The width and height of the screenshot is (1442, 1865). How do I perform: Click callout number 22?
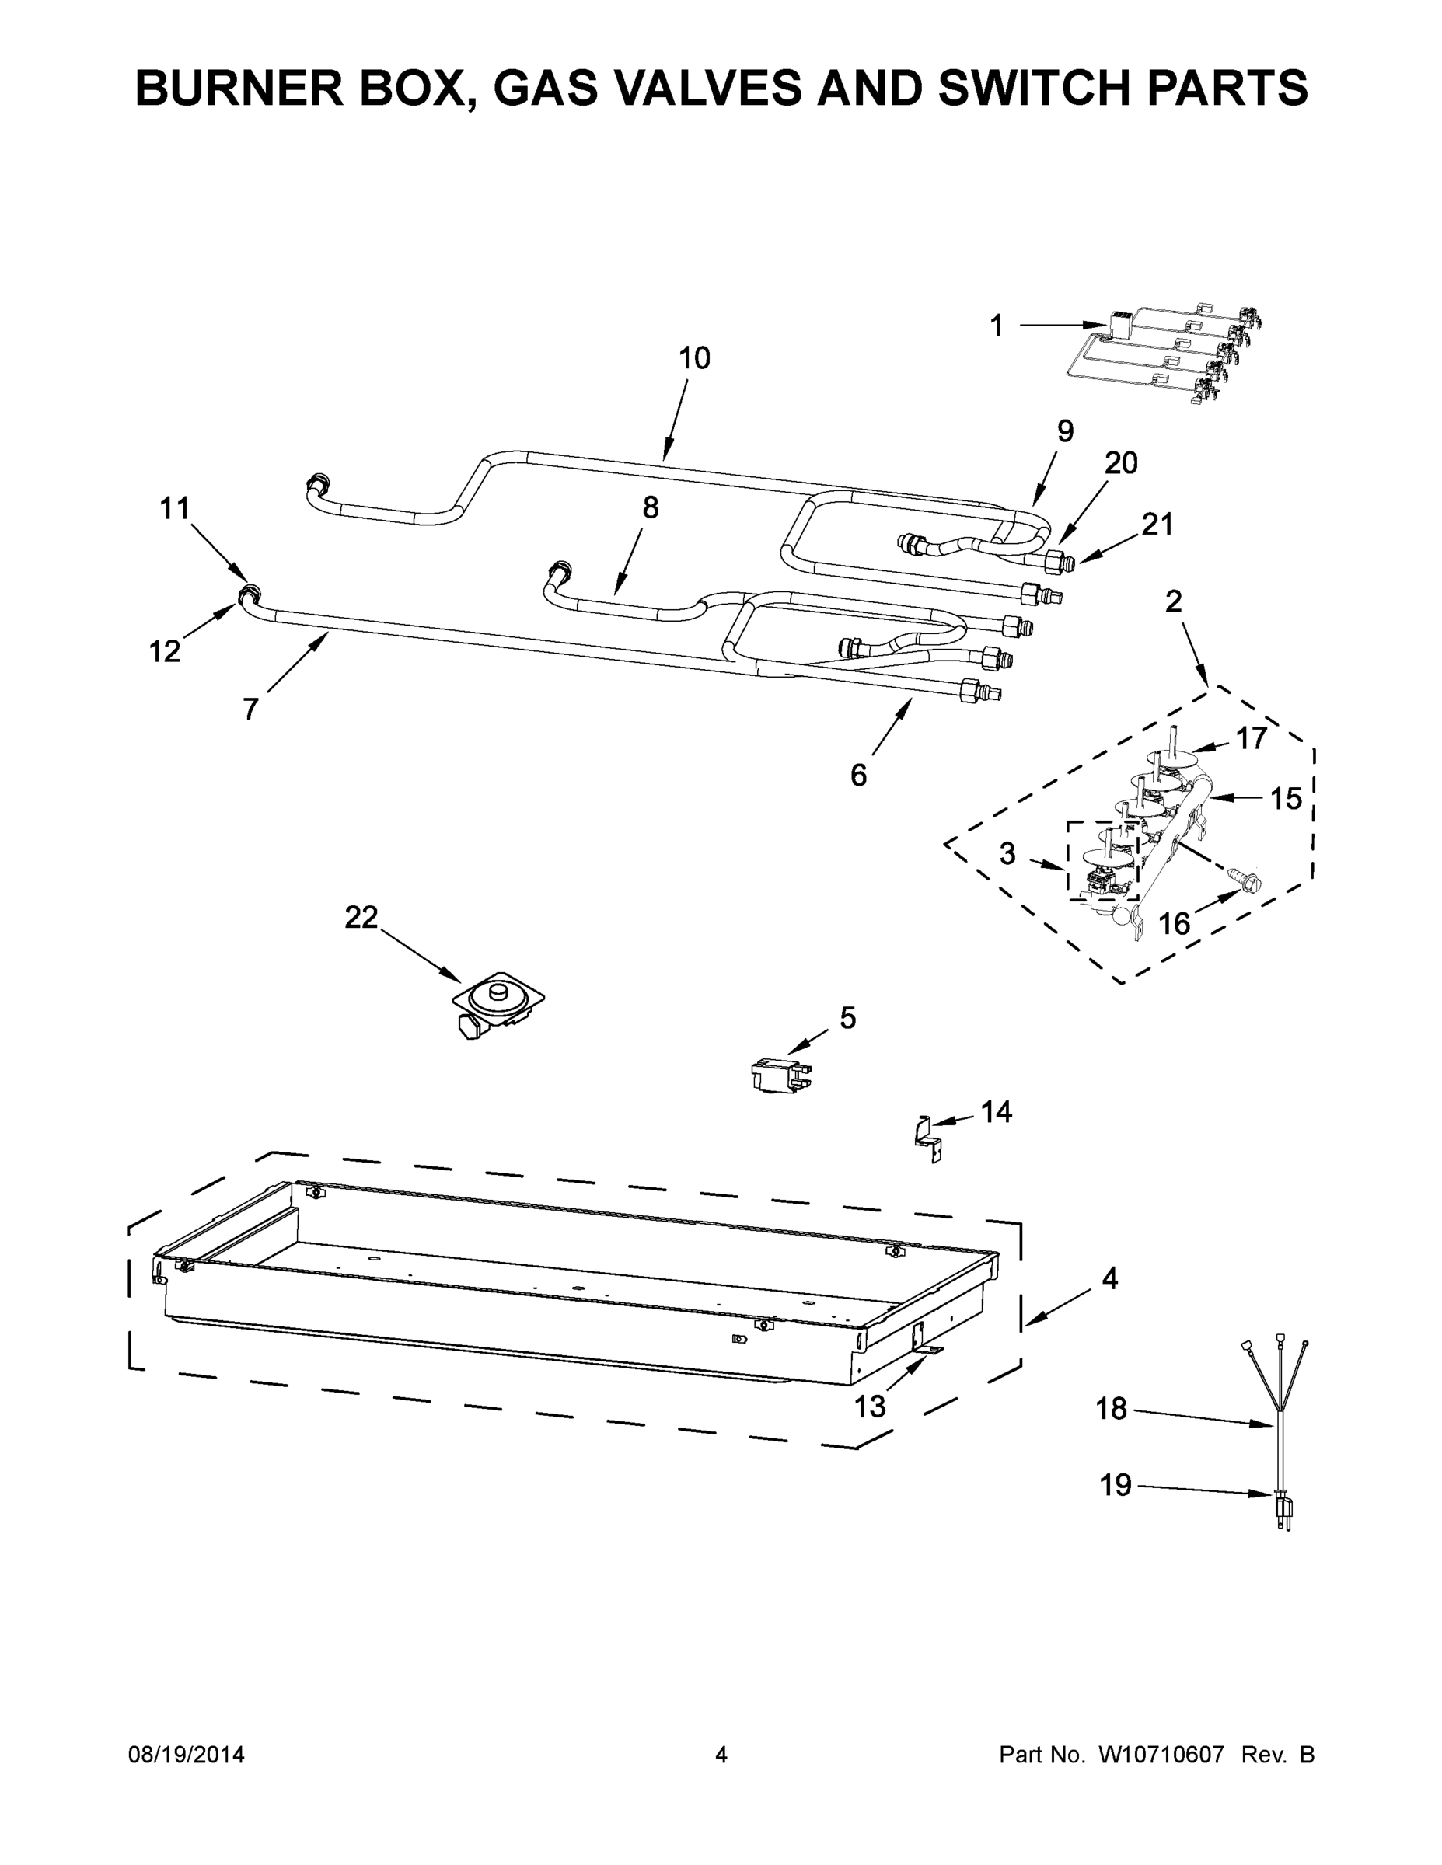(x=361, y=918)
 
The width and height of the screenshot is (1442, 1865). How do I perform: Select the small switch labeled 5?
(x=777, y=1078)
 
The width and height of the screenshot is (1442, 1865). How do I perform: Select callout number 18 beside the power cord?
(x=1112, y=1409)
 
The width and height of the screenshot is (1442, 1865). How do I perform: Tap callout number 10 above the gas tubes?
(x=693, y=359)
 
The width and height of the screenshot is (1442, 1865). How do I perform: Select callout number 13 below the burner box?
(x=870, y=1407)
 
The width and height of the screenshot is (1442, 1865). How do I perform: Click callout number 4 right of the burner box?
(x=1109, y=1278)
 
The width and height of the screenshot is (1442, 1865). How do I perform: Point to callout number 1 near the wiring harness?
(x=996, y=326)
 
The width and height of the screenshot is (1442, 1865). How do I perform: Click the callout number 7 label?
(x=250, y=709)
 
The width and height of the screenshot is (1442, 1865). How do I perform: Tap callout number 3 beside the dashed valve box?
(x=1007, y=853)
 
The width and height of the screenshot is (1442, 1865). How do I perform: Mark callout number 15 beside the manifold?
(x=1285, y=800)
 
